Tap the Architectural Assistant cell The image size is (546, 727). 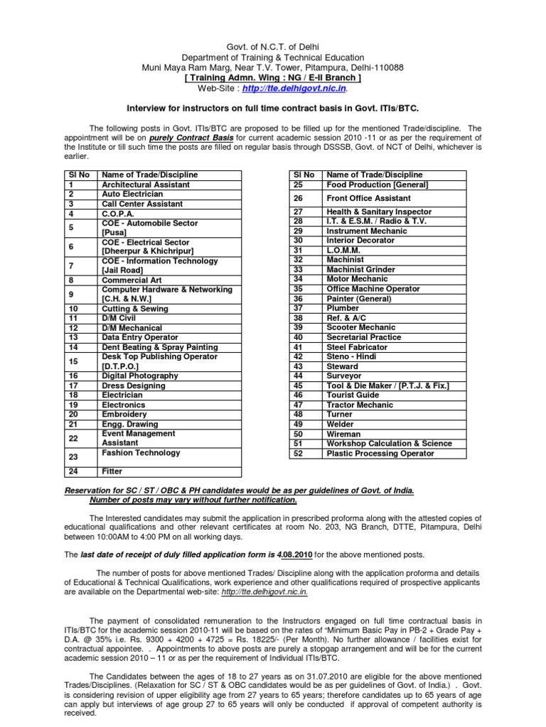pyautogui.click(x=146, y=185)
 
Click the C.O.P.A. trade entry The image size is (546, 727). pyautogui.click(x=118, y=213)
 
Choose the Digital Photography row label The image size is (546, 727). pyautogui.click(x=140, y=376)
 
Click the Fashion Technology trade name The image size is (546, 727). pyautogui.click(x=141, y=452)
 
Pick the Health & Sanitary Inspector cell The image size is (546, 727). pyautogui.click(x=379, y=212)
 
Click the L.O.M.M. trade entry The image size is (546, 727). pyautogui.click(x=343, y=250)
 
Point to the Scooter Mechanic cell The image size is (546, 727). pyautogui.click(x=361, y=327)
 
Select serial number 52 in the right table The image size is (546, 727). pyautogui.click(x=298, y=453)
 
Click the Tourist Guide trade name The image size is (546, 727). pyautogui.click(x=353, y=395)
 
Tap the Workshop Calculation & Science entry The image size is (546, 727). pyautogui.click(x=389, y=443)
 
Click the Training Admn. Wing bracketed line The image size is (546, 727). pyautogui.click(x=272, y=77)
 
